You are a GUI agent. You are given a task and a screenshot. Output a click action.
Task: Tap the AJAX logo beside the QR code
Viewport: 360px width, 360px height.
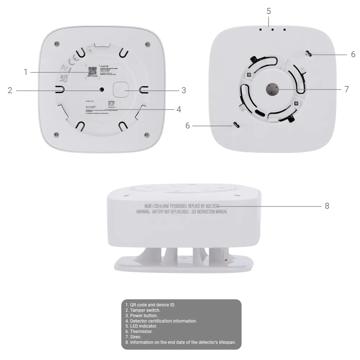click(104, 66)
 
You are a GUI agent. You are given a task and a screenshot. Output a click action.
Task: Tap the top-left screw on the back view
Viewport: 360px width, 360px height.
click(56, 44)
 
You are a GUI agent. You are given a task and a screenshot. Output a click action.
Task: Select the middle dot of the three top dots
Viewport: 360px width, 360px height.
click(273, 30)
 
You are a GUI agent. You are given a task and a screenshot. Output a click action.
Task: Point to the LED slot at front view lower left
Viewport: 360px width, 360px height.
click(237, 125)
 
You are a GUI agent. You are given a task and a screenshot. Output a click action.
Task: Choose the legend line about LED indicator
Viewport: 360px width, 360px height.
click(143, 326)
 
